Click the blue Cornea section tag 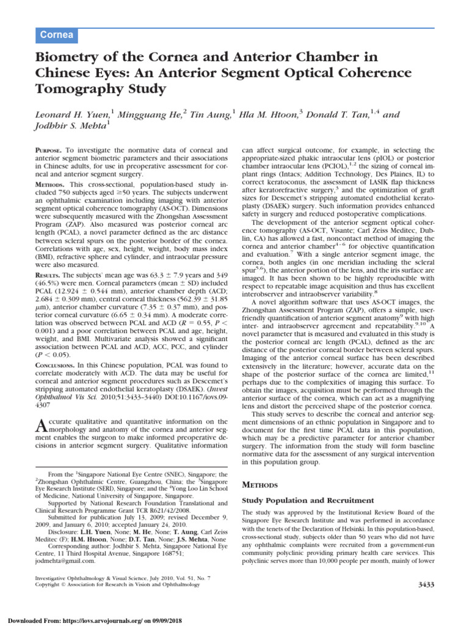(57, 35)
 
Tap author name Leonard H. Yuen (68, 115)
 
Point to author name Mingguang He (149, 115)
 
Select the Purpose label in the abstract (47, 149)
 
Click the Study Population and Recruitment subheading (308, 500)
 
